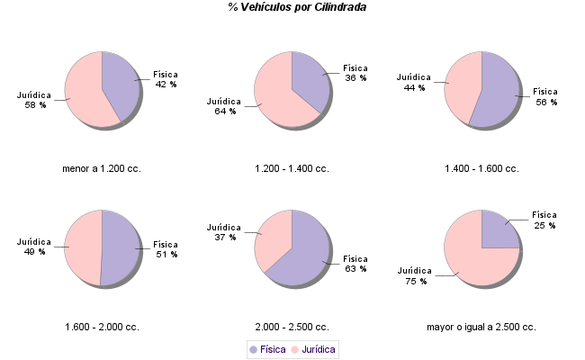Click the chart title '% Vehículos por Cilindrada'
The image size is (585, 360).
(296, 7)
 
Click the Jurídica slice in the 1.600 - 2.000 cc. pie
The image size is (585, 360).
(83, 247)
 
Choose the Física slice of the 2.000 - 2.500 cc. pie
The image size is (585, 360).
(306, 256)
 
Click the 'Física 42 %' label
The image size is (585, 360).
(166, 78)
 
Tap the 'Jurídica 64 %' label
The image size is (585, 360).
(224, 105)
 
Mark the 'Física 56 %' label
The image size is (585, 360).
(546, 96)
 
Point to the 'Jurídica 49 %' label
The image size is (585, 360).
(34, 247)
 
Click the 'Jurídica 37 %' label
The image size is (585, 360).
(224, 231)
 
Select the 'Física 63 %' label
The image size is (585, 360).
(355, 263)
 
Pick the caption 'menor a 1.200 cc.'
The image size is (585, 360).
(102, 168)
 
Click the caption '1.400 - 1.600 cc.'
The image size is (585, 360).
(481, 168)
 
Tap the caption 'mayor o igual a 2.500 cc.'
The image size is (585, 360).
(481, 327)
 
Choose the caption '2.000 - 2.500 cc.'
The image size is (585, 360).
(292, 327)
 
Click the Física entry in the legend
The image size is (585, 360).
(267, 348)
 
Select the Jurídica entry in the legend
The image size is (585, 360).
(313, 348)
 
